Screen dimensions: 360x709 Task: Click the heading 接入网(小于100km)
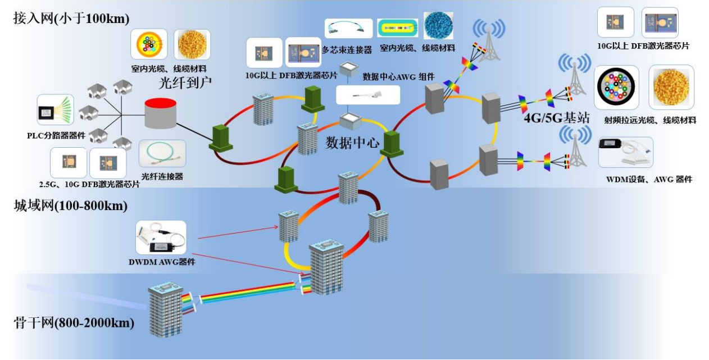pos(71,18)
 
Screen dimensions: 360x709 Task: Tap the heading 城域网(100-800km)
pos(71,206)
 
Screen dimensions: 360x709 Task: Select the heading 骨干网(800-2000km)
pos(74,323)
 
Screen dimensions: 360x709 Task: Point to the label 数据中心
pos(352,143)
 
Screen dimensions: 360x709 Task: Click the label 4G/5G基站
pos(553,119)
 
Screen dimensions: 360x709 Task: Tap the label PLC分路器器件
pos(56,135)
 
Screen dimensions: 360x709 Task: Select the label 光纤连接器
pos(162,176)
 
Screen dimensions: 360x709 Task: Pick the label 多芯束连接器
pos(347,50)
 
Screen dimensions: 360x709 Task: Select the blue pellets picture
pos(438,26)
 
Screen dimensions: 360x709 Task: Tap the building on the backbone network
pos(166,311)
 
